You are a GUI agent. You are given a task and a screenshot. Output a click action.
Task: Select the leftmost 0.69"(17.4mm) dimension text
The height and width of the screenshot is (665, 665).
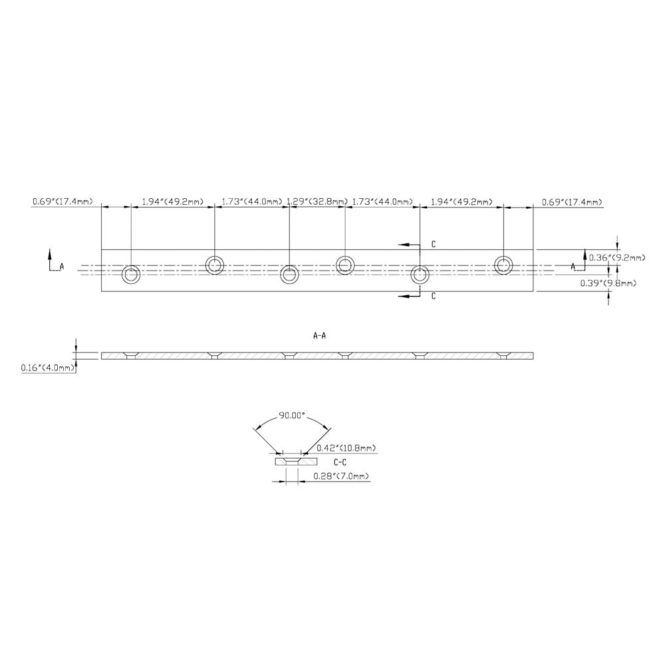point(62,201)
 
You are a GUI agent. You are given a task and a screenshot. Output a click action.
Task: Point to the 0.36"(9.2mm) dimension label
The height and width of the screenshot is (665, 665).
point(618,257)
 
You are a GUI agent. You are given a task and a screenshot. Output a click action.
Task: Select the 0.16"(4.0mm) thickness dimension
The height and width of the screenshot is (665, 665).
point(48,367)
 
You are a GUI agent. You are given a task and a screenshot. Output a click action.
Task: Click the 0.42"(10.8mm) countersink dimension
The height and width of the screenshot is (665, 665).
point(345,448)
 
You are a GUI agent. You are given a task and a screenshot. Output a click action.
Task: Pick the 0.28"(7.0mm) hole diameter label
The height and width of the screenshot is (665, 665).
point(341,476)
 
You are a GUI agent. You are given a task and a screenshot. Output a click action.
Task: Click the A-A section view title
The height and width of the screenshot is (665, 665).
point(319,336)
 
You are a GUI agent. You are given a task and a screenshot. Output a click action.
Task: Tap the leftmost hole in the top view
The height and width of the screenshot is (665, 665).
point(131,274)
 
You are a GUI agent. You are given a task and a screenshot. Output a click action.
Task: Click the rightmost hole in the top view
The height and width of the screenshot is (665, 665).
point(504,265)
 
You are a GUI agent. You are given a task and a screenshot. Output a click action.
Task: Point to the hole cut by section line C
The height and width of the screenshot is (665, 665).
point(420,274)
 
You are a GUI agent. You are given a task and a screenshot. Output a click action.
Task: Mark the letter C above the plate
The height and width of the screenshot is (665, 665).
point(433,245)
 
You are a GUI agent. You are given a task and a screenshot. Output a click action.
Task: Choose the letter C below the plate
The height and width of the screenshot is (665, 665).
point(433,296)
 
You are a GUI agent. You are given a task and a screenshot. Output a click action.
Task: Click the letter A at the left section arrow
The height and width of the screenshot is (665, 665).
point(62,266)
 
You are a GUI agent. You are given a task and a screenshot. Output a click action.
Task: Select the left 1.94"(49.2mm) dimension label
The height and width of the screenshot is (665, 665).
point(172,201)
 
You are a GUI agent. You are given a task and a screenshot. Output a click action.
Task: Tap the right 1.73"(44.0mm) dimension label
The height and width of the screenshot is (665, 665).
point(382,201)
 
